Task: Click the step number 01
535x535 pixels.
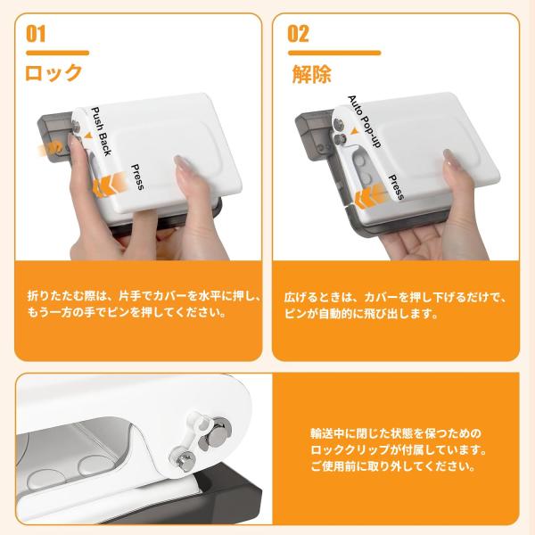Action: (36, 34)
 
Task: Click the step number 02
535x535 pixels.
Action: (298, 34)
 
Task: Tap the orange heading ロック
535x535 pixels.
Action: (53, 73)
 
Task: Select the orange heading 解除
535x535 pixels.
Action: (312, 74)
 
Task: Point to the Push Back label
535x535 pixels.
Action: (102, 131)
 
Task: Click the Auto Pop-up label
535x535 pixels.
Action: (364, 121)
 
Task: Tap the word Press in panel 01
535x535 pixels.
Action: (137, 177)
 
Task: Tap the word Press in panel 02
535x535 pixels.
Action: (396, 187)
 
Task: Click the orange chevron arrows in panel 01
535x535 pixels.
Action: (110, 185)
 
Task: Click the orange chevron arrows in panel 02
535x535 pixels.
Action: (371, 196)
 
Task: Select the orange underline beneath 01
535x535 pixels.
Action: (58, 53)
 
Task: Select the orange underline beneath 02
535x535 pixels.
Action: (334, 53)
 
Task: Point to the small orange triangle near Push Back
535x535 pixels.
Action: (88, 136)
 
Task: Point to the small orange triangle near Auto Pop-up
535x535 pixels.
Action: (355, 131)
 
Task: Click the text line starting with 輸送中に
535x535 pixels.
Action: (395, 433)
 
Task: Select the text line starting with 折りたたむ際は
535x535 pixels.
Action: (144, 296)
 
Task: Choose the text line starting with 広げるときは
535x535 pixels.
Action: (396, 298)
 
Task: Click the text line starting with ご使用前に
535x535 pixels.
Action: (392, 466)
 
